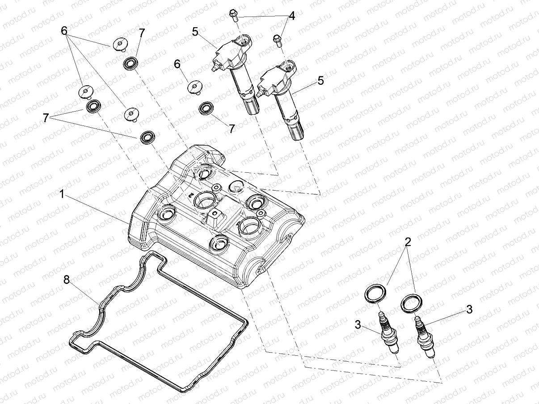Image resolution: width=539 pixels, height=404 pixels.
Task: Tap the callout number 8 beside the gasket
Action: tap(67, 280)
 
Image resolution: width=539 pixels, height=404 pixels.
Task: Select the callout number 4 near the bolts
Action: tap(291, 17)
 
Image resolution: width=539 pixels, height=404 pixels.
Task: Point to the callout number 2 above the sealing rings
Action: tap(407, 242)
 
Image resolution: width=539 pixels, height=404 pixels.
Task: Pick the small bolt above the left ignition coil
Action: tap(233, 15)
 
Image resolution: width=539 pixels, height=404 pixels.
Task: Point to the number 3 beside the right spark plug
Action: tap(469, 309)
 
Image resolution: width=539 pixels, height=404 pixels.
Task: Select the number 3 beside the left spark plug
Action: tap(358, 325)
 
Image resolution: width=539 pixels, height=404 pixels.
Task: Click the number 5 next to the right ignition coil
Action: tap(333, 81)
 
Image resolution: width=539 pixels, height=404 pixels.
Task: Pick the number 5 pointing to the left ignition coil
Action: tap(195, 32)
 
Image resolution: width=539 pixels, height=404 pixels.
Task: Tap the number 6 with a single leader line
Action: tap(177, 64)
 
